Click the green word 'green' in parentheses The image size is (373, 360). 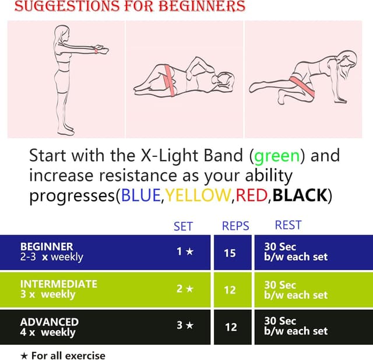tap(277, 156)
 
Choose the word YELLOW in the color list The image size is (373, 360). tap(198, 195)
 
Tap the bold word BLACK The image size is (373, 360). tap(300, 195)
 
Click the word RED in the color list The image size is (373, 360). tap(251, 195)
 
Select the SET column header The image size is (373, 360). tap(183, 226)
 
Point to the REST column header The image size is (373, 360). tap(288, 225)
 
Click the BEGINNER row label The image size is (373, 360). tap(47, 247)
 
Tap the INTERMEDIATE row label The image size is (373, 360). tap(58, 284)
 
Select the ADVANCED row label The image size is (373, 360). tap(49, 321)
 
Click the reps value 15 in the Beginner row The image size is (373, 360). tap(230, 253)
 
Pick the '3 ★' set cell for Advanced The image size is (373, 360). tap(185, 325)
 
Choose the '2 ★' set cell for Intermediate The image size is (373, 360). tap(185, 288)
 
